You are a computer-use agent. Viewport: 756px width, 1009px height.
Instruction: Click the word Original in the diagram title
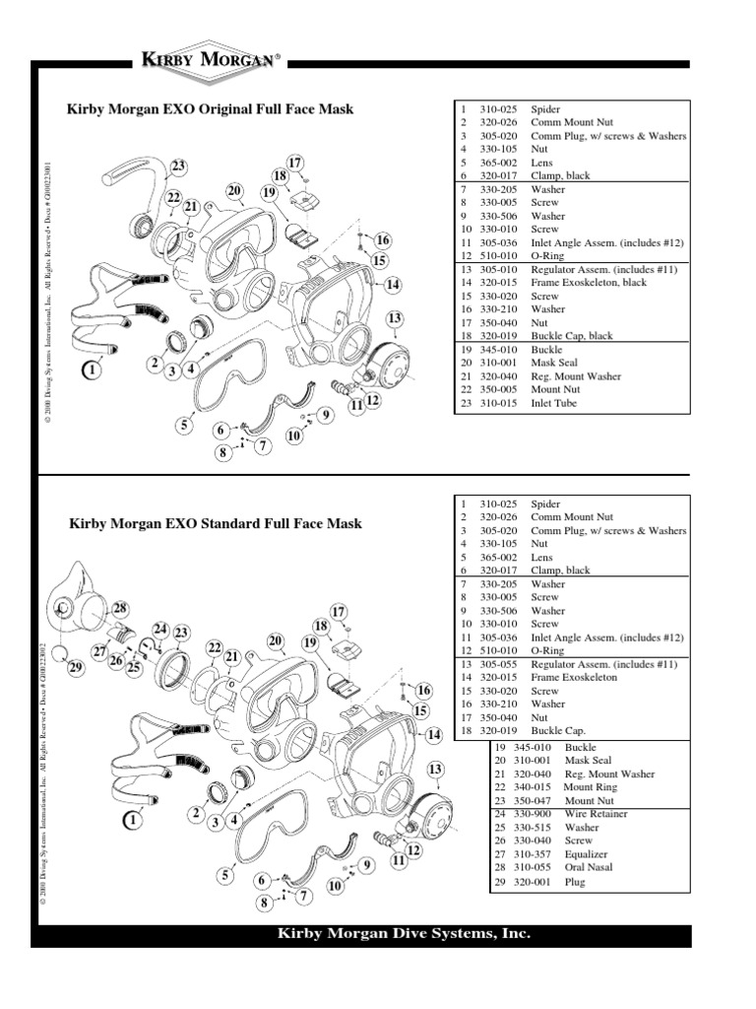227,109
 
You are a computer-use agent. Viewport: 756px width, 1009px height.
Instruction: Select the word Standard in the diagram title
232,523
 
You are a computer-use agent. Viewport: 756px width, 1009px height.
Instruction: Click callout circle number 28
120,608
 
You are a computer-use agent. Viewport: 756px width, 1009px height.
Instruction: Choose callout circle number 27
99,650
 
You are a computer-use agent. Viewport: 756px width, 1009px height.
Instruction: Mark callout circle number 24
159,629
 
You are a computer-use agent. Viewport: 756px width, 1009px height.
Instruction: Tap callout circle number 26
116,660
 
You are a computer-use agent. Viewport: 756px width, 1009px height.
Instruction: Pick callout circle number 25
135,667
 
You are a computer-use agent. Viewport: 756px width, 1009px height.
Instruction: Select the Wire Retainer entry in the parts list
596,814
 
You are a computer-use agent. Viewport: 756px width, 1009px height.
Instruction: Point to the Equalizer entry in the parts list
587,854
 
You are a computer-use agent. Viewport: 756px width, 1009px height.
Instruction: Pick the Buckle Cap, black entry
571,336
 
